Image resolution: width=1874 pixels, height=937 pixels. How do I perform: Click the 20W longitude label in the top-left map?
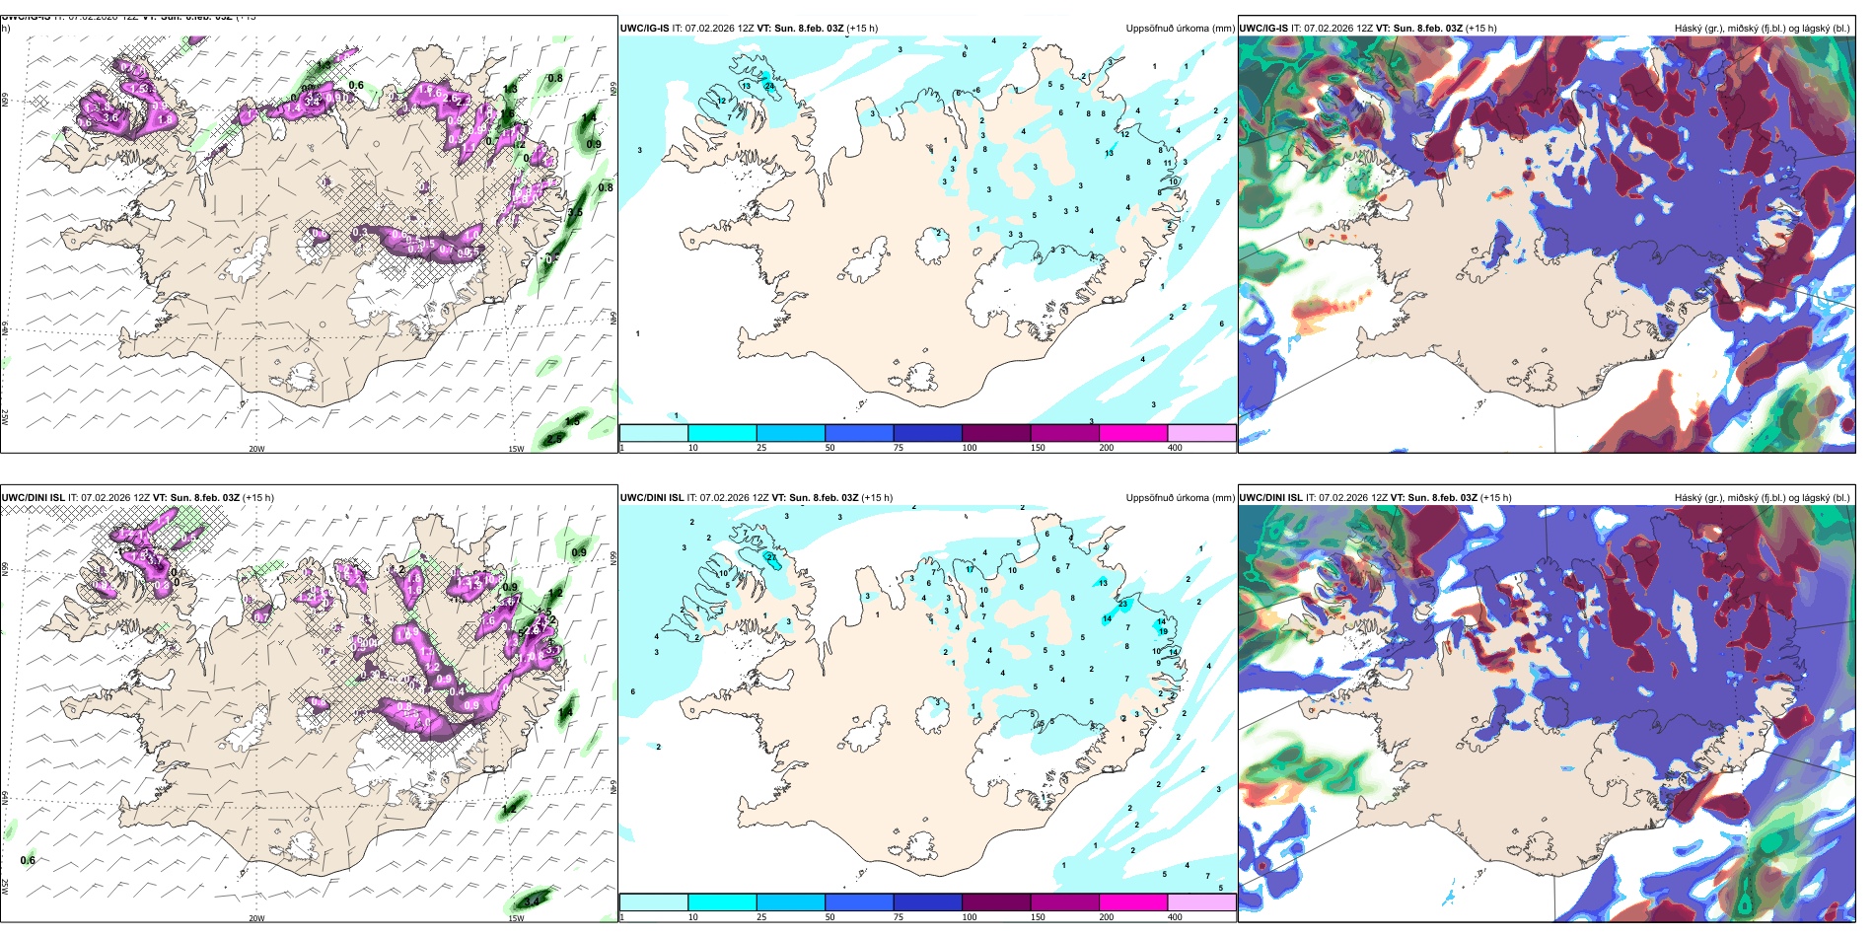tap(256, 449)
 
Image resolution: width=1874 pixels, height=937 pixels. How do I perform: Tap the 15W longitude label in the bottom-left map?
tap(516, 918)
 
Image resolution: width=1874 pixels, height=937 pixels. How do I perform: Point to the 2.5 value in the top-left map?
tap(554, 439)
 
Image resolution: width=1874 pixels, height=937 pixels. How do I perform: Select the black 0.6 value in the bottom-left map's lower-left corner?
tap(28, 860)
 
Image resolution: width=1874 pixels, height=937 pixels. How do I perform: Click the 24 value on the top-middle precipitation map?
tap(769, 86)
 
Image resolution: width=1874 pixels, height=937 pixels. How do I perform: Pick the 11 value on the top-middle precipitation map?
tap(1168, 163)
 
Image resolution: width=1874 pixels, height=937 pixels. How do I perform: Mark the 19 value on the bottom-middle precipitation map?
tap(1164, 631)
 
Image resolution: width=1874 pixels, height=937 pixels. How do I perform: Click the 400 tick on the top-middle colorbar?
tap(1175, 448)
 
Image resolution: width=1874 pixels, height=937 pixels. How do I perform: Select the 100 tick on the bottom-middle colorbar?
tap(970, 917)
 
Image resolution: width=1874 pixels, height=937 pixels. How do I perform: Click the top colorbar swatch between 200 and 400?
tap(1201, 433)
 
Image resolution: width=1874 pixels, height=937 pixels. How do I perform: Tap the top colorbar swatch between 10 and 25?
tap(722, 433)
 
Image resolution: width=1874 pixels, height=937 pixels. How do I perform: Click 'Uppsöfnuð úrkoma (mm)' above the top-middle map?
tap(1180, 29)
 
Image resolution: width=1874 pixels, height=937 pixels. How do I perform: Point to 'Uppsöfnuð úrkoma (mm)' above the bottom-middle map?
tap(1180, 498)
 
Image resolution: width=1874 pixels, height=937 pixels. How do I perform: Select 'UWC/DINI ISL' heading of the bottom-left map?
tap(33, 498)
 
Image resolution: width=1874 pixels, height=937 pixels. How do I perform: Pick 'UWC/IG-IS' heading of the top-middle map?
tap(644, 29)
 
